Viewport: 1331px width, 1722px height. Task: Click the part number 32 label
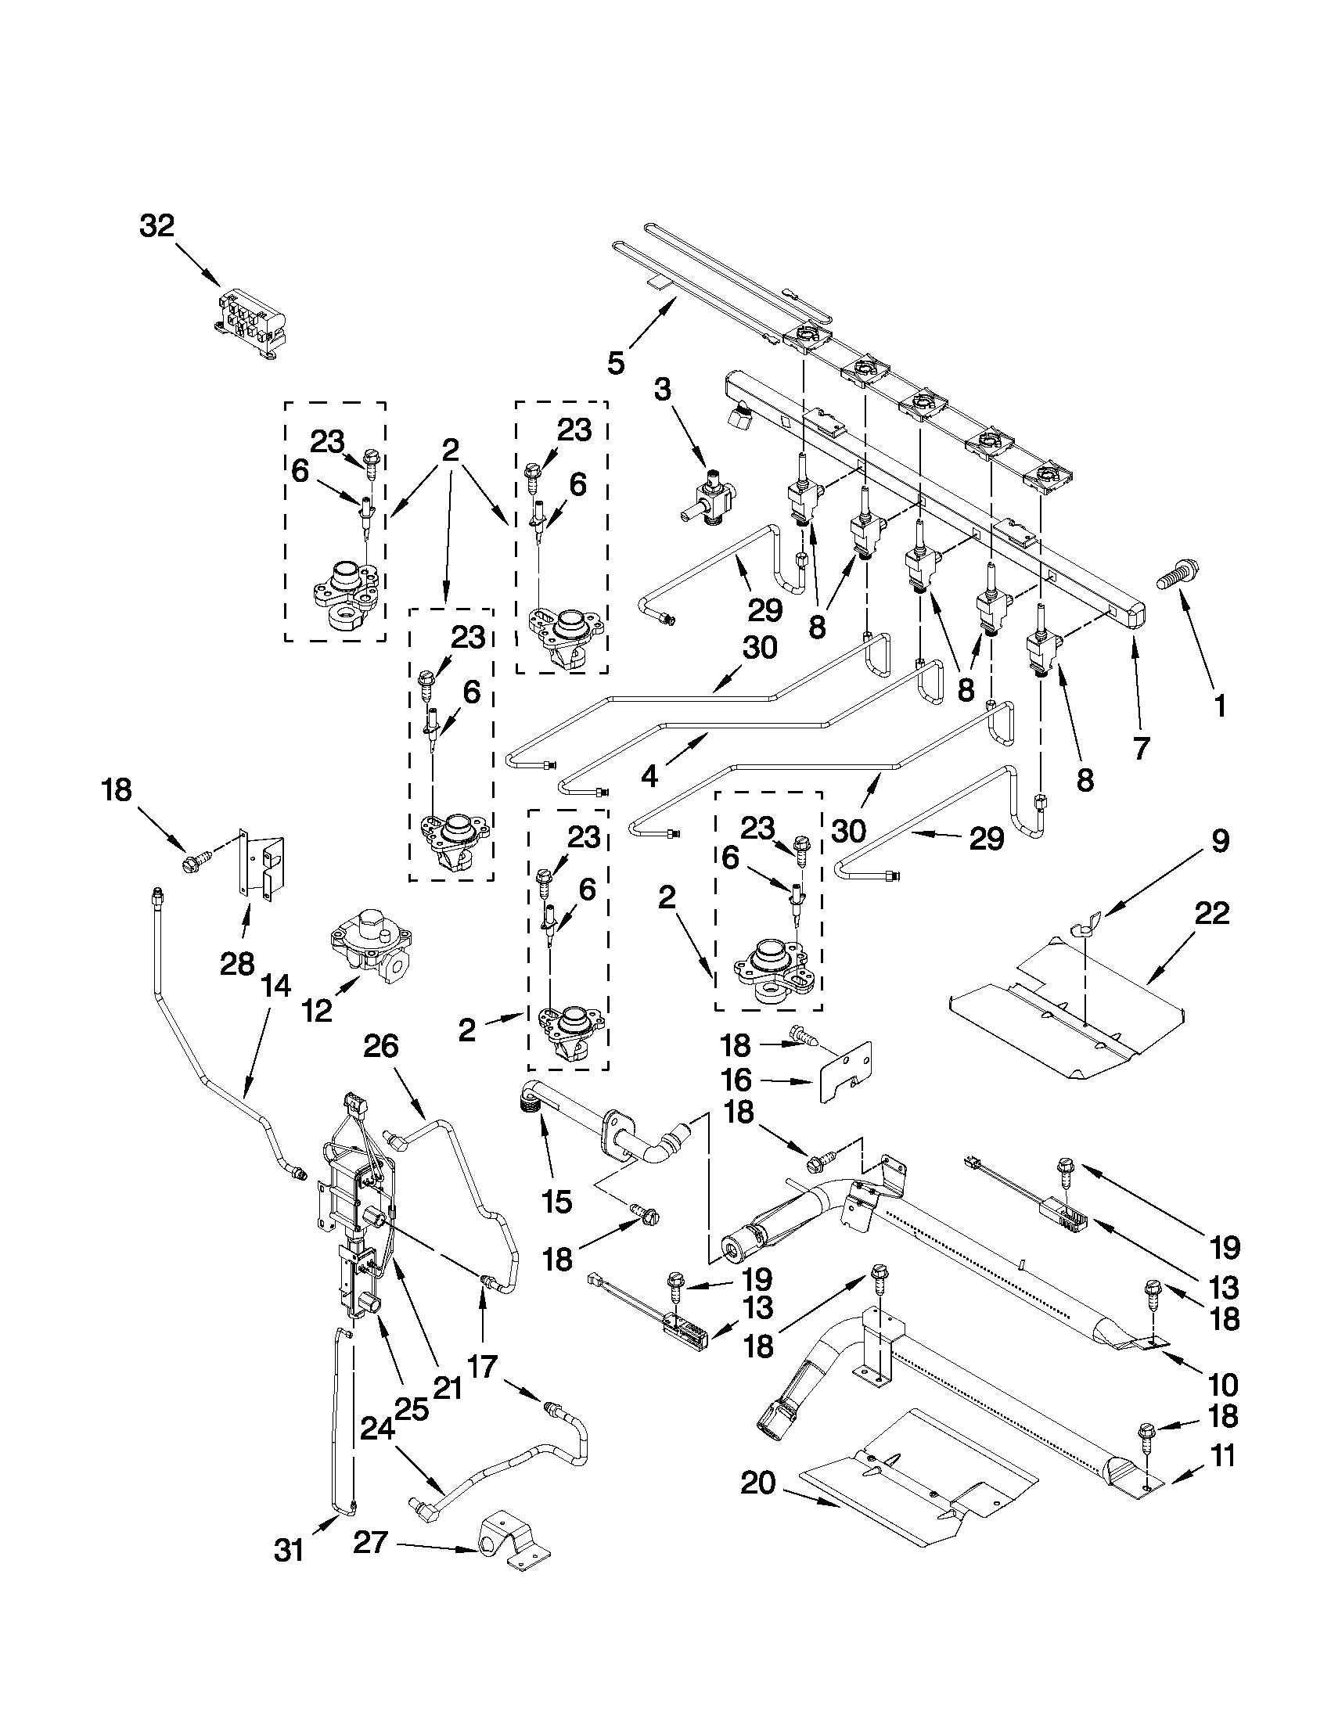[x=157, y=226]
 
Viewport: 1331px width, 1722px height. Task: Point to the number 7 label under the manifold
[x=1141, y=746]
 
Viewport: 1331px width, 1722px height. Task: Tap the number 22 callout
[x=1212, y=914]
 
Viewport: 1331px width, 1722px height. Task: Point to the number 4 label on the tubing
[x=649, y=776]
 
